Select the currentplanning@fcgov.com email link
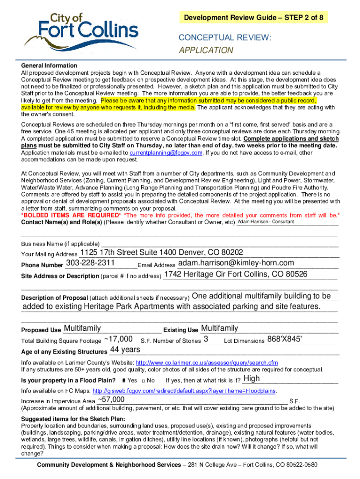click(166, 153)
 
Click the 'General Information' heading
click(49, 65)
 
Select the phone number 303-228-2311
click(91, 263)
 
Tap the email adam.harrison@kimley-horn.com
click(236, 263)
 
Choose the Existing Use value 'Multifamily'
click(219, 328)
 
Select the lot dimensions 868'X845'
click(284, 339)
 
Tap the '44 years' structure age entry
click(125, 350)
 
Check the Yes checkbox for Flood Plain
click(123, 381)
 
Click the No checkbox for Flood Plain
click(143, 381)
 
